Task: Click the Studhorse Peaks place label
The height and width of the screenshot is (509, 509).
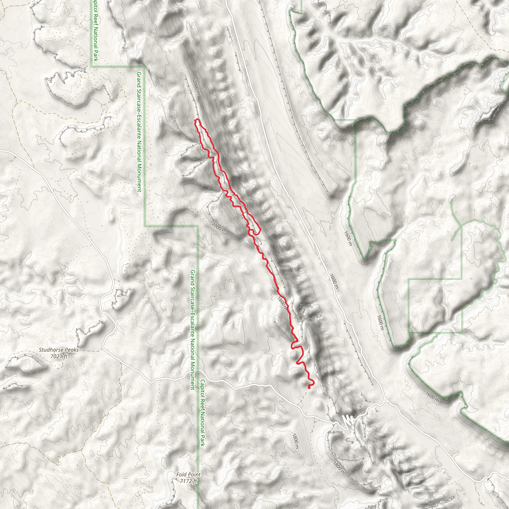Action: pos(58,350)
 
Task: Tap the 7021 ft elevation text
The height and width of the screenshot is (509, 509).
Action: pos(59,356)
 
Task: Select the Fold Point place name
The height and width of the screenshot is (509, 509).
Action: pos(188,474)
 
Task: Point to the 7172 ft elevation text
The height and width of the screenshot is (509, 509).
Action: pos(188,481)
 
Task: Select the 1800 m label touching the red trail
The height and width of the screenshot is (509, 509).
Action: pos(282,304)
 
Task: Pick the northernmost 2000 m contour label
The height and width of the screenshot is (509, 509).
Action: pos(197,87)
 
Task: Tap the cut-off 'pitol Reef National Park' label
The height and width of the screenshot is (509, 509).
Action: pos(95,30)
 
